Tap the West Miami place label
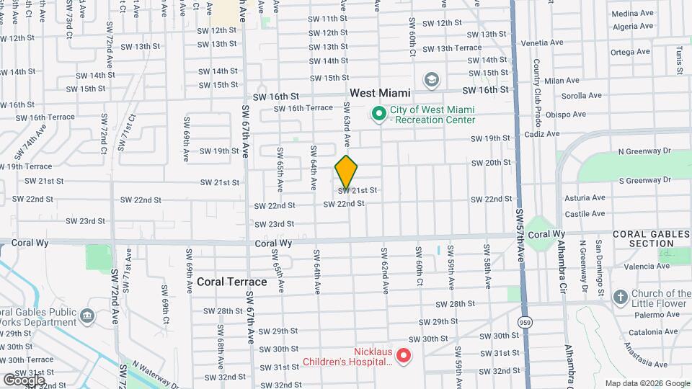(x=380, y=93)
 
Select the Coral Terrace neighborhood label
(x=231, y=282)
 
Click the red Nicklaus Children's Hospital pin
(x=404, y=355)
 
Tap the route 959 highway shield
(x=525, y=323)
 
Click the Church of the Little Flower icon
(x=620, y=298)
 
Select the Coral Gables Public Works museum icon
(x=86, y=316)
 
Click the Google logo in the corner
(x=25, y=380)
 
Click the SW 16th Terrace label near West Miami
(x=303, y=108)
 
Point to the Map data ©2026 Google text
(x=647, y=383)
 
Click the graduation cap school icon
(x=432, y=79)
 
